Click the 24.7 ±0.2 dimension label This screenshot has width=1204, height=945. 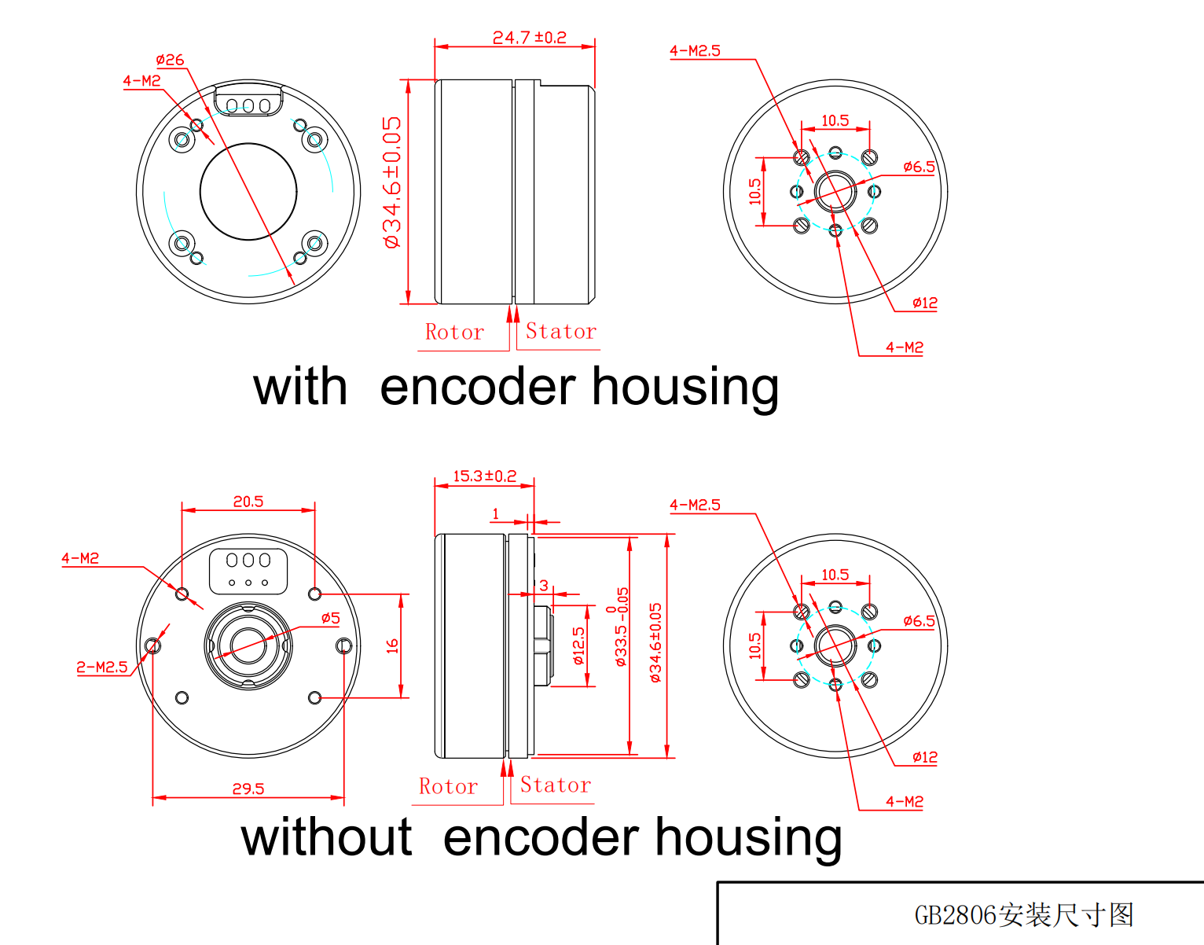coord(529,37)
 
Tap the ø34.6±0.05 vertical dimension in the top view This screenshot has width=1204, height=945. coord(392,182)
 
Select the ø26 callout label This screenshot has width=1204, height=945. coord(170,60)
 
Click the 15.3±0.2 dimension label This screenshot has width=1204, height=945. coord(484,476)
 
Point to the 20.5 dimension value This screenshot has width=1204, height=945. coord(248,502)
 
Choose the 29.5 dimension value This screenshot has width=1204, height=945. coord(248,789)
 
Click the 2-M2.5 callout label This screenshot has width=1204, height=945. coord(102,667)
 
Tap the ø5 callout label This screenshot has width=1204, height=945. coord(331,618)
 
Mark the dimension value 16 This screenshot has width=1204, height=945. coord(392,646)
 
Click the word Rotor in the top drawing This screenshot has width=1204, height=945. coord(454,332)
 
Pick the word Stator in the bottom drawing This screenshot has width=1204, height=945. coord(556,785)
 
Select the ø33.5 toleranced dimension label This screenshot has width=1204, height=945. coord(621,627)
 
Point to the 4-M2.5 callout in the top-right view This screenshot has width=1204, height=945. coord(695,51)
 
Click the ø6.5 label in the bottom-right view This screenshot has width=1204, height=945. coord(919,621)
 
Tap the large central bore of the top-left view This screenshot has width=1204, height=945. coord(248,191)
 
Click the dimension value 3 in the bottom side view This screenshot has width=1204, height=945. coord(543,586)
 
